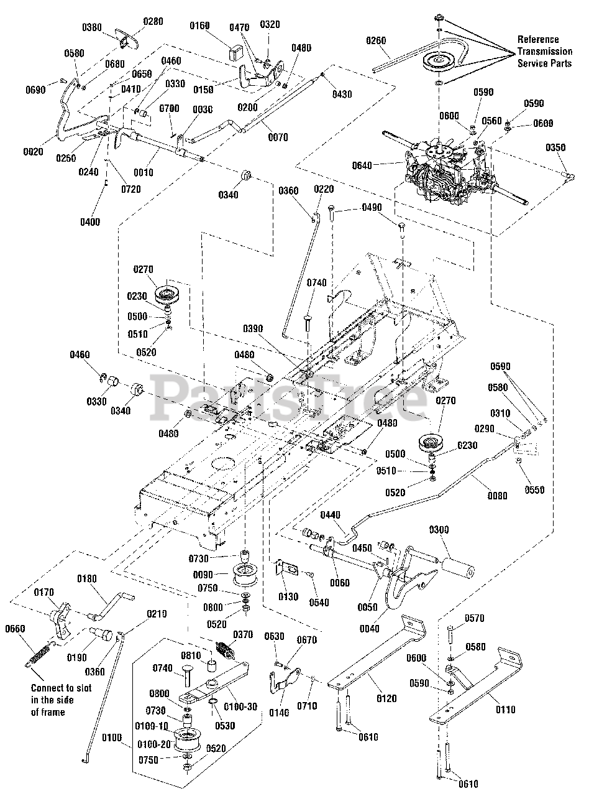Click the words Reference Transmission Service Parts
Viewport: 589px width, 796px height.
click(544, 51)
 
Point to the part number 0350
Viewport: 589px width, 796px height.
click(555, 148)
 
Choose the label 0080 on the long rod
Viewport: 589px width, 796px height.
click(497, 496)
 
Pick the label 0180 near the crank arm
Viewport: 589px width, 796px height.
click(87, 579)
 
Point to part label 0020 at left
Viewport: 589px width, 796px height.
click(34, 152)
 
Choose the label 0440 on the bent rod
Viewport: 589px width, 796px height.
click(331, 516)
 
